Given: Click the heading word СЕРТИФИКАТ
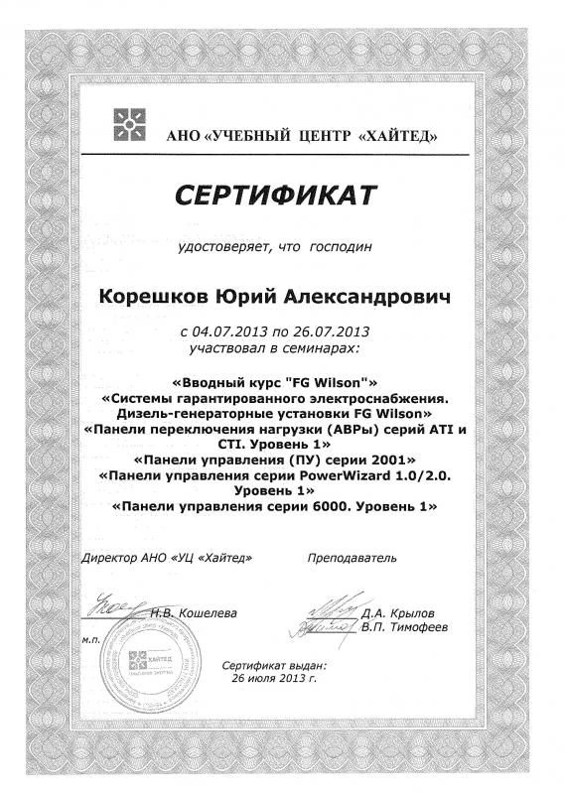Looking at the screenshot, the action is point(276,195).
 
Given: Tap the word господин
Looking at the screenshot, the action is point(342,245).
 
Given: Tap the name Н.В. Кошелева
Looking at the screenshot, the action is point(195,613).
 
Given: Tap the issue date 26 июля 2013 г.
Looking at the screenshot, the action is point(273,680).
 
